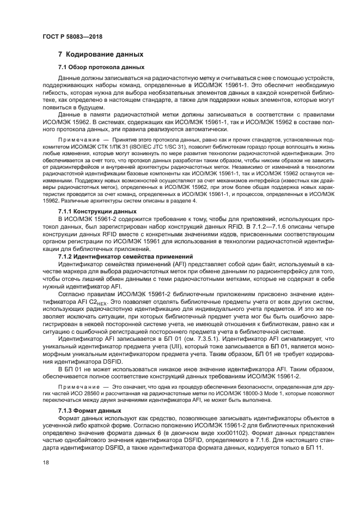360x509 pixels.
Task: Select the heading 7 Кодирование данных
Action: tap(101, 54)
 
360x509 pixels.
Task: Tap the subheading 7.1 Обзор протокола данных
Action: tap(101, 67)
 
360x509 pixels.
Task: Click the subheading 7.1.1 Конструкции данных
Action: tap(97, 210)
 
